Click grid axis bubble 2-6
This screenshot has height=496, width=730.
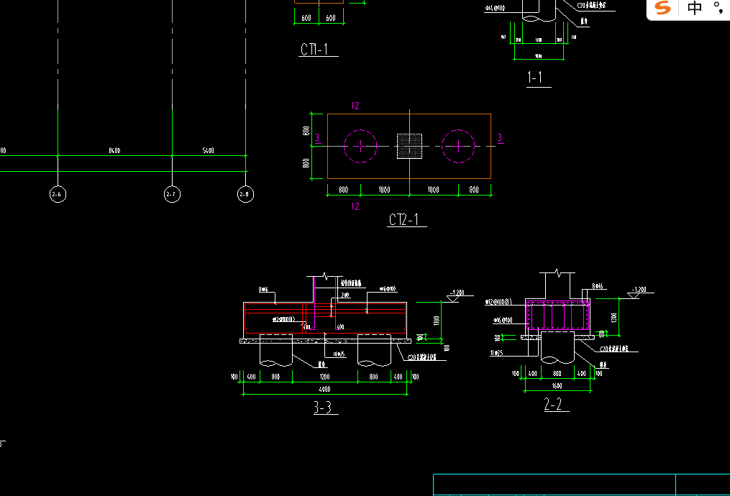[x=58, y=194]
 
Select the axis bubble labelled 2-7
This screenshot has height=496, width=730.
[x=173, y=194]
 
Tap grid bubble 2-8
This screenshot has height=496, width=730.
[x=245, y=194]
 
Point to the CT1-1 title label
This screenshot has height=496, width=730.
[x=314, y=50]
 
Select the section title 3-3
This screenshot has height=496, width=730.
[x=323, y=408]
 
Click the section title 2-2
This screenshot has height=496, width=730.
[x=553, y=405]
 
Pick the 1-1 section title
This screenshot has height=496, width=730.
[x=535, y=78]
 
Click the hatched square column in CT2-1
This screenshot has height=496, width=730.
[x=409, y=146]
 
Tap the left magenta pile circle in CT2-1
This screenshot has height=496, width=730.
[x=360, y=146]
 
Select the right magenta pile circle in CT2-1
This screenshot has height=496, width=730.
[x=458, y=146]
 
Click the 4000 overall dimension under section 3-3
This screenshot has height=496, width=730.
[x=326, y=389]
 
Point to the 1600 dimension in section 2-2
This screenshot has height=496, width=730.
[x=558, y=386]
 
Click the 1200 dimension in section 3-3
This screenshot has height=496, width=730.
[x=325, y=377]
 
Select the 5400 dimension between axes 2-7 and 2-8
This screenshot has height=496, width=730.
[x=209, y=151]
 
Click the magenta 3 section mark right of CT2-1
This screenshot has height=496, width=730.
[x=500, y=138]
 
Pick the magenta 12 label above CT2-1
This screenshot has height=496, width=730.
[x=355, y=106]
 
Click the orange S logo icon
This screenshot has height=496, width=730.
[x=662, y=9]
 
